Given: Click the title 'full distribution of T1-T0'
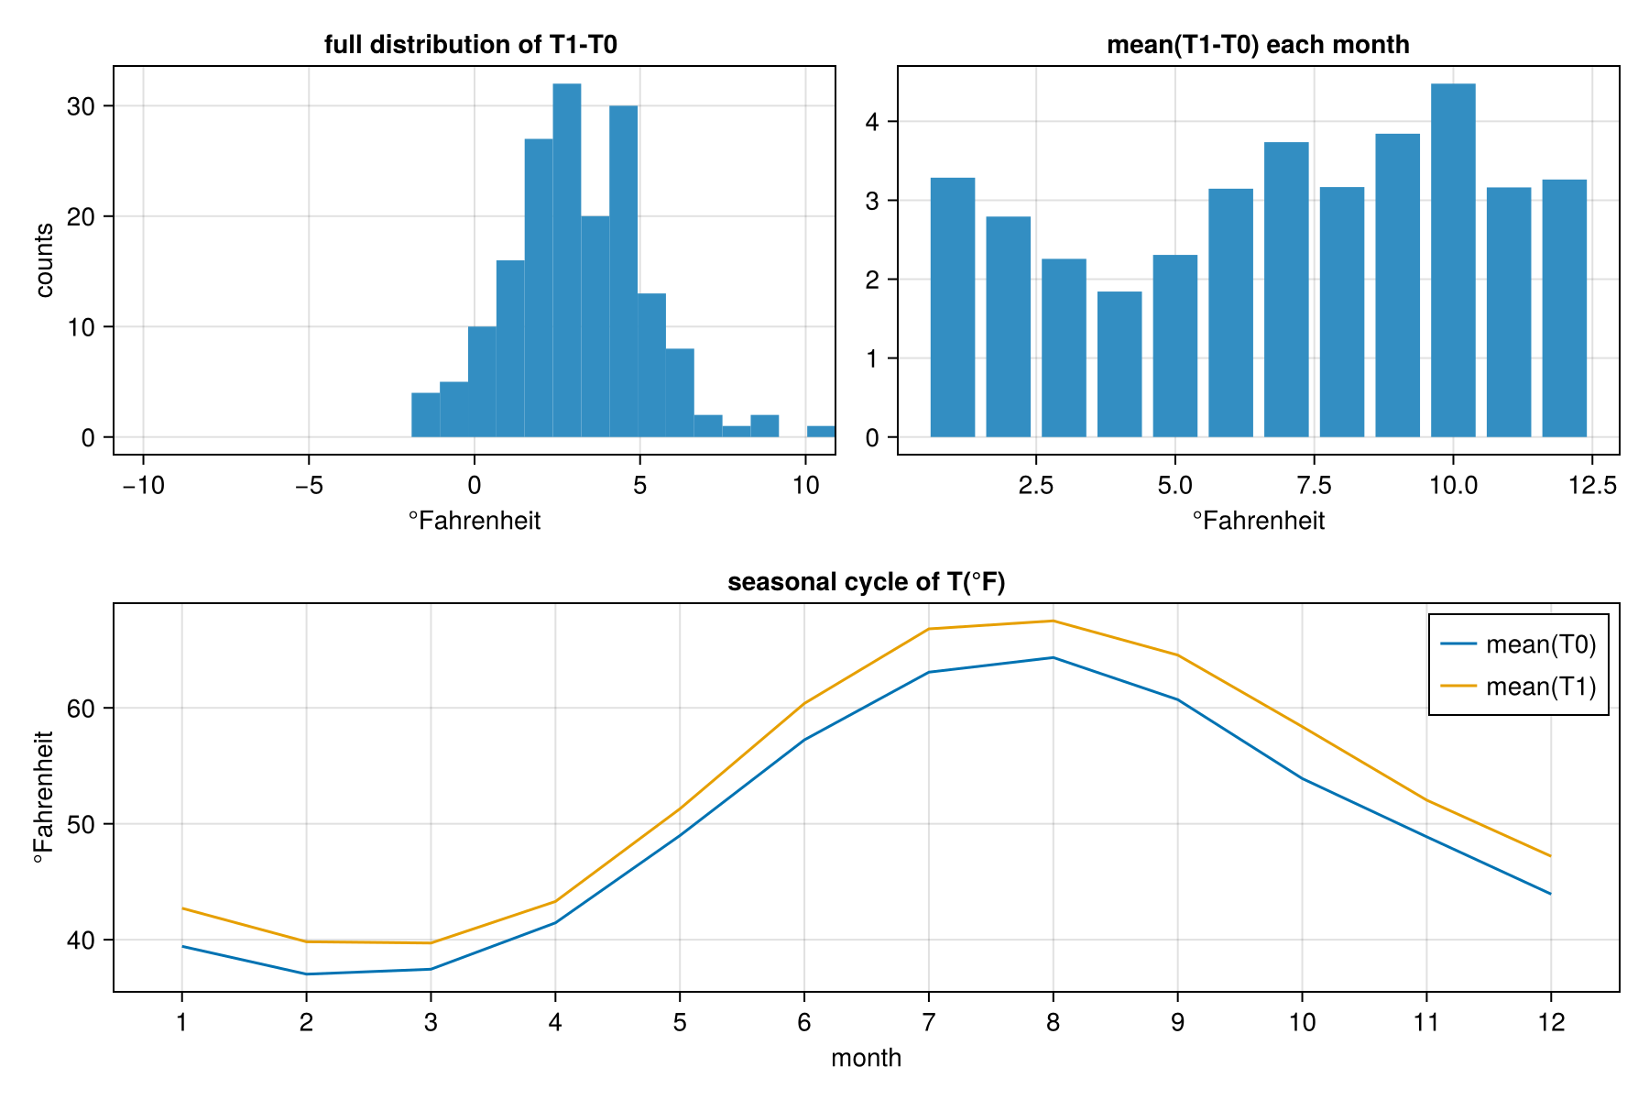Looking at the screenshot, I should pos(471,45).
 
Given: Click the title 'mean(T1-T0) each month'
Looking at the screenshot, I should pos(1258,45).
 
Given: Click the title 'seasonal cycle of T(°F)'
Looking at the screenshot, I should pos(866,582).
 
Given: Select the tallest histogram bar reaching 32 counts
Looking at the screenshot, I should pos(567,260).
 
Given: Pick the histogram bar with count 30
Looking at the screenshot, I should pos(623,271).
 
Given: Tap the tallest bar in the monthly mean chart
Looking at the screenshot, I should pos(1453,260).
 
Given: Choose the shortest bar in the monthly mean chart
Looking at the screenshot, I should pos(1119,364).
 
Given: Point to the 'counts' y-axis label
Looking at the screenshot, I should pos(44,260).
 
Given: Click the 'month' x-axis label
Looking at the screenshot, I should pos(866,1058).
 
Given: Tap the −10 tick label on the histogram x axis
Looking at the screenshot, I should pos(143,486).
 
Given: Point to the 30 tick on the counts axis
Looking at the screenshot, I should pos(82,106).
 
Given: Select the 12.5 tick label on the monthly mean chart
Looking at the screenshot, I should pos(1592,486).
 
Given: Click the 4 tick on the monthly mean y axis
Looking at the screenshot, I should pos(872,122).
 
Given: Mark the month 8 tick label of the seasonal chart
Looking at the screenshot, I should pos(1053,1022).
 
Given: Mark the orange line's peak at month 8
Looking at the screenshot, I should pos(1054,621).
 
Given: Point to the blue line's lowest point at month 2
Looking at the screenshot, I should pos(306,973).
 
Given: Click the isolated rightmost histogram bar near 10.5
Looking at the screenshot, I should pos(821,432).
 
